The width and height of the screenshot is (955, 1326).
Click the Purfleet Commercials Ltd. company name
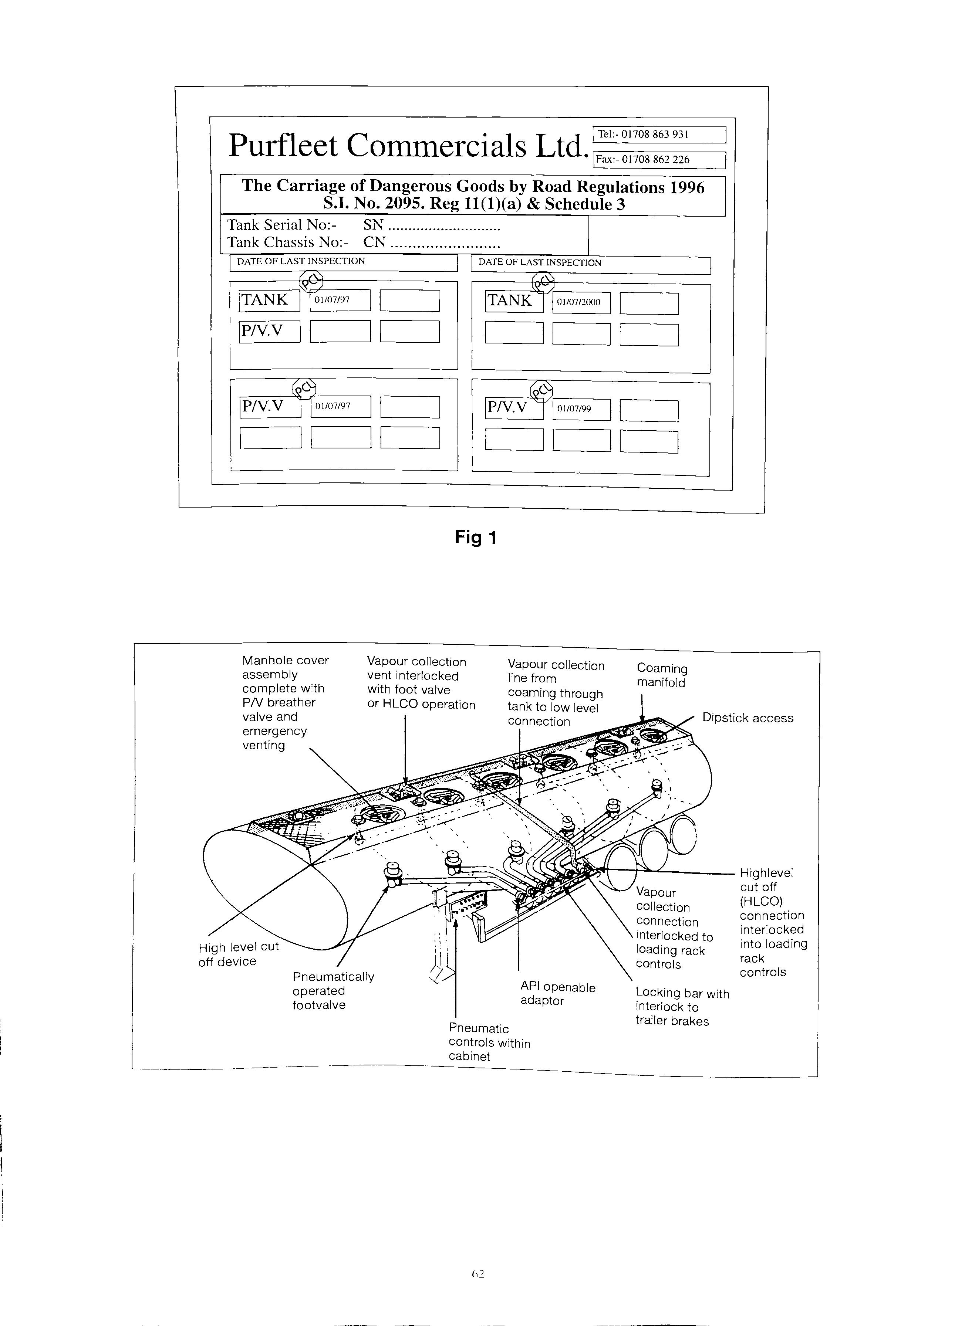click(x=408, y=146)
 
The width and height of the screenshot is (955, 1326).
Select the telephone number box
click(x=659, y=135)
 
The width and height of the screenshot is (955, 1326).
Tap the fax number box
click(x=659, y=160)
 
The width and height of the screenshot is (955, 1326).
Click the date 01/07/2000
click(x=578, y=302)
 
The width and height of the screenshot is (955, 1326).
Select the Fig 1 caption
click(x=475, y=537)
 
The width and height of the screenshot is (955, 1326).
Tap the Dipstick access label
click(x=748, y=718)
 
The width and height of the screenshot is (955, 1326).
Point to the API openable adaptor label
click(x=557, y=994)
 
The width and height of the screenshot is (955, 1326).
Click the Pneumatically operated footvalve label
click(x=333, y=991)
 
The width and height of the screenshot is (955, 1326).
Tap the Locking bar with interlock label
click(x=682, y=1007)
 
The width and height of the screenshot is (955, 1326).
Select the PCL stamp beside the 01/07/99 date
click(x=541, y=390)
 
